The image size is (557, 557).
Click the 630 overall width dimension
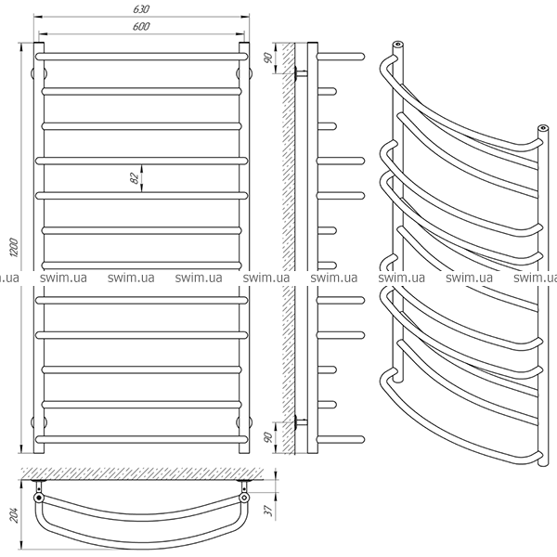[141, 9]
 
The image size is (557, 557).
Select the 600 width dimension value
[141, 27]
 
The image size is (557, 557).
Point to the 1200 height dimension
[14, 248]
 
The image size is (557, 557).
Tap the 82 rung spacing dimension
[135, 178]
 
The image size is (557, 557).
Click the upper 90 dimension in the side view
[268, 58]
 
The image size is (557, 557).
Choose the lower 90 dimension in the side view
[268, 437]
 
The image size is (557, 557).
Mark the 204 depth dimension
[14, 514]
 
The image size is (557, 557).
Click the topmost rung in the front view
[141, 57]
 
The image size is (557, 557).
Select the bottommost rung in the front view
[141, 439]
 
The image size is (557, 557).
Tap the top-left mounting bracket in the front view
[38, 74]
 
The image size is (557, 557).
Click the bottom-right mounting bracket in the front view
[244, 422]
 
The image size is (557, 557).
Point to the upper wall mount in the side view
[301, 74]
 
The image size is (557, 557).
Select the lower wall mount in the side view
[301, 422]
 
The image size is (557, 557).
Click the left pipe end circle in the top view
[39, 498]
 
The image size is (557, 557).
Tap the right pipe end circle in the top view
[244, 498]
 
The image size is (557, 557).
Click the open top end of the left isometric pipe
[398, 45]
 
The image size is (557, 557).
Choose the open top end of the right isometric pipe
[542, 128]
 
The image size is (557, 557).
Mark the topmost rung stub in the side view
[341, 57]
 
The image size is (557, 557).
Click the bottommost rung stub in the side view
[341, 439]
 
